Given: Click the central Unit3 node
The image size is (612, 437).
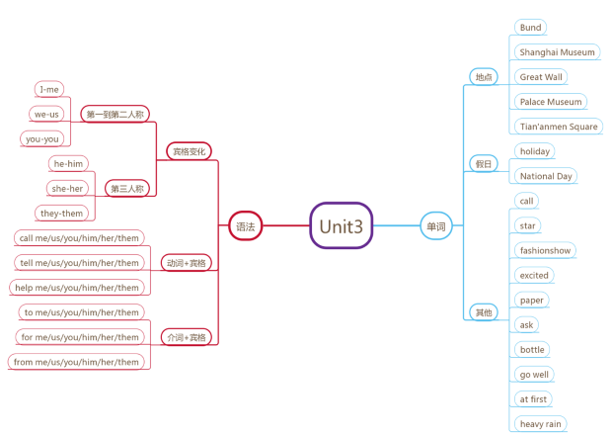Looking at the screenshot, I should tap(342, 226).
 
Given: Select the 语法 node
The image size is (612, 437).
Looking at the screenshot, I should tap(245, 226).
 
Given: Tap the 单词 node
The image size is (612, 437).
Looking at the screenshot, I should tap(435, 226).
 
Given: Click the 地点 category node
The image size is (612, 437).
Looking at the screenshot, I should tap(484, 77).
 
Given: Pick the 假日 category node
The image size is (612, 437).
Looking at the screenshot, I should tap(484, 164).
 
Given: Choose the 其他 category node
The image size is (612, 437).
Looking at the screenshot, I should tap(484, 312).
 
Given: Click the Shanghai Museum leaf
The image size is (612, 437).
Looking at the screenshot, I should tap(557, 52).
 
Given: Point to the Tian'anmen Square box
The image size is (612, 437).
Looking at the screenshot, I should tap(559, 127).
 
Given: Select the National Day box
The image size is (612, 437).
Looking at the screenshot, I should tap(545, 176).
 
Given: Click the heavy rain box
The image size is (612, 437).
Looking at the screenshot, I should tap(540, 424).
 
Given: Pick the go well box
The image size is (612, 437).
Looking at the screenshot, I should tap(534, 375).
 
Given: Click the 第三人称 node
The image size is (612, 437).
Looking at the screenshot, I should tap(127, 188).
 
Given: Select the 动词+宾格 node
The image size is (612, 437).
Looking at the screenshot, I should tap(187, 263).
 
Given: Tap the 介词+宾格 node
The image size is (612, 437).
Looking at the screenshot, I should tap(187, 337).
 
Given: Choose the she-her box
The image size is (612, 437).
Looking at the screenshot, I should tap(68, 188).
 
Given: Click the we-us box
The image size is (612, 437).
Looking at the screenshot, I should tap(47, 114).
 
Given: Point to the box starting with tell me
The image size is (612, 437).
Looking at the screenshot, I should tap(80, 263).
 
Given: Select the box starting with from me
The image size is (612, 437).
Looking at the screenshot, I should tap(77, 362).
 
